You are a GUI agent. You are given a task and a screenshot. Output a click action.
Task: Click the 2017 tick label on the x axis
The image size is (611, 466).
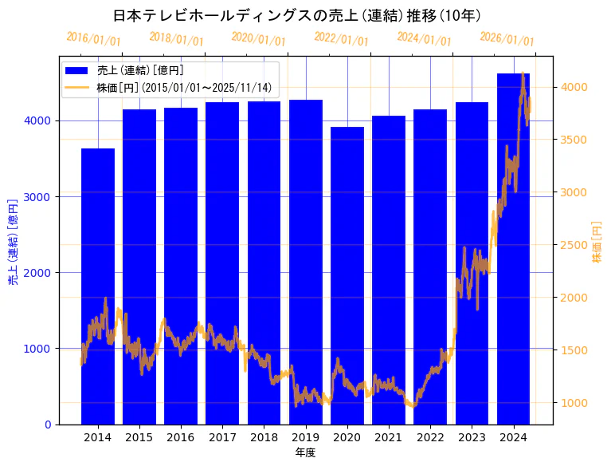pyautogui.click(x=222, y=437)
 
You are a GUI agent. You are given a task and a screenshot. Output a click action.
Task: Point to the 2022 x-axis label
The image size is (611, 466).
pyautogui.click(x=430, y=437)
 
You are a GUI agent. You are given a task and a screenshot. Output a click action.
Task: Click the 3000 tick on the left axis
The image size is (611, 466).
pyautogui.click(x=41, y=196)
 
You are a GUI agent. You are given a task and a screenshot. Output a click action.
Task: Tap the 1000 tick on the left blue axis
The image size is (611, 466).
pyautogui.click(x=41, y=349)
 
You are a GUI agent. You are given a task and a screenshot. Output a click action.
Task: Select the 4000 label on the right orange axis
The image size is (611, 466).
pyautogui.click(x=574, y=87)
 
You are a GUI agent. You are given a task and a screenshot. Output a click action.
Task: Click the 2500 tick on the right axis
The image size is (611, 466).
pyautogui.click(x=574, y=245)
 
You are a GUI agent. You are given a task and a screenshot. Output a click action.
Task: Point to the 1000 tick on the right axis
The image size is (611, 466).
pyautogui.click(x=574, y=403)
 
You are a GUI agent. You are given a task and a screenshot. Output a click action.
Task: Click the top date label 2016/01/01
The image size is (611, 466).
pyautogui.click(x=93, y=39)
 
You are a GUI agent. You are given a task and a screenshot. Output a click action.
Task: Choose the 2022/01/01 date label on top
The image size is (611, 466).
pyautogui.click(x=341, y=39)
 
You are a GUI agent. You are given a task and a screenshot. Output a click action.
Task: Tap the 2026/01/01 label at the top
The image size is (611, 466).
pyautogui.click(x=507, y=39)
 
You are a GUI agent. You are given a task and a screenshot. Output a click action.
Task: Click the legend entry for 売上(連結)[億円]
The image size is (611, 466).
pyautogui.click(x=135, y=71)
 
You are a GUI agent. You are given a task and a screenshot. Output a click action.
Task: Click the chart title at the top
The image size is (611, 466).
pyautogui.click(x=296, y=15)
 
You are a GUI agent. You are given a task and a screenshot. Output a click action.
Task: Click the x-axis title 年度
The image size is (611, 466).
pyautogui.click(x=305, y=452)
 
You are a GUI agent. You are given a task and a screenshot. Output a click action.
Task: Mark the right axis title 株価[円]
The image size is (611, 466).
pyautogui.click(x=597, y=242)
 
